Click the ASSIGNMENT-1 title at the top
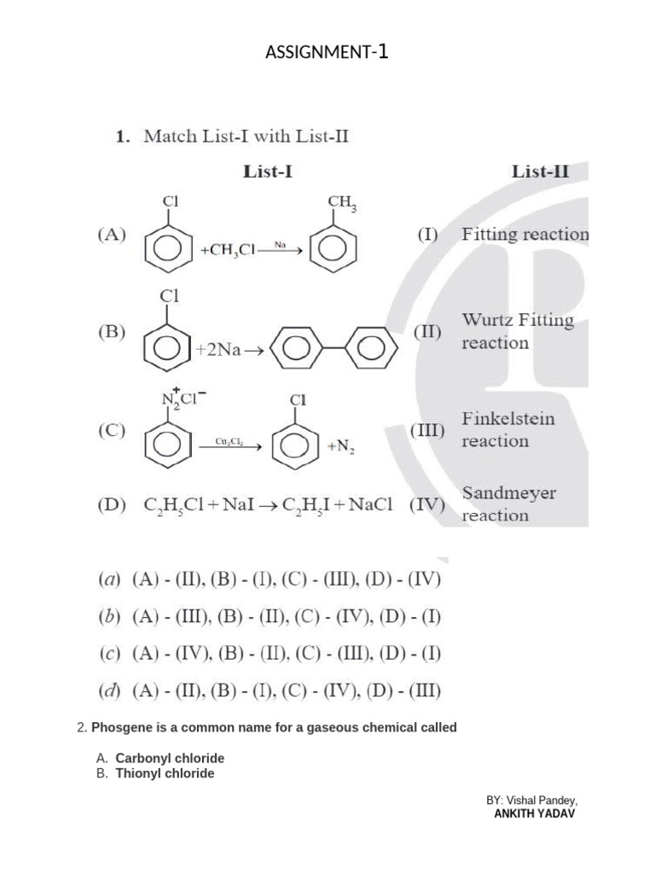click(x=327, y=53)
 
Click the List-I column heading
click(x=268, y=172)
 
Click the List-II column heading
click(x=541, y=172)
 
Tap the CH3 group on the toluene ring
click(x=341, y=203)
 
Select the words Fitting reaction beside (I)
click(x=525, y=234)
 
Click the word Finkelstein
click(x=508, y=419)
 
